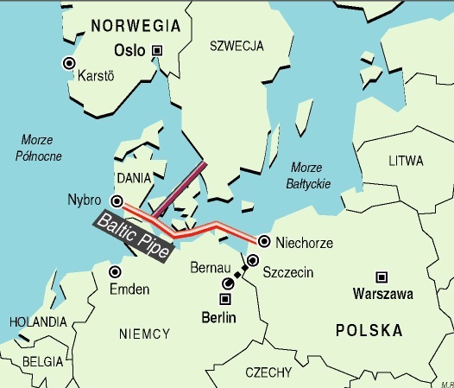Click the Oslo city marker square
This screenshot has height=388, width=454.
pos(157,50)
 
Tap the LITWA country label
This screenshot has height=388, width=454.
pos(406,162)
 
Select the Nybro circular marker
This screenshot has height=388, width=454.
pos(116,201)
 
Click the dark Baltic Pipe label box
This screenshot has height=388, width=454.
pos(135,232)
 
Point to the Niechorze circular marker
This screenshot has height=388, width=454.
pos(263,241)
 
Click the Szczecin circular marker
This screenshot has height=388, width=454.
pos(252,260)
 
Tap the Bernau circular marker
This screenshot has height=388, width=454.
pos(228,283)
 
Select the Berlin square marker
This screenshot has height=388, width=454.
pos(225,299)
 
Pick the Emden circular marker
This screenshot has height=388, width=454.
pos(114,271)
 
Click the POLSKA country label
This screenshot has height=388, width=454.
pos(369,331)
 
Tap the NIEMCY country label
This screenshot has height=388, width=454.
pos(143,332)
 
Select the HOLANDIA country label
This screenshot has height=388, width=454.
pos(37,321)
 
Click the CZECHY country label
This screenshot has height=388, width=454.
pos(270,372)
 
